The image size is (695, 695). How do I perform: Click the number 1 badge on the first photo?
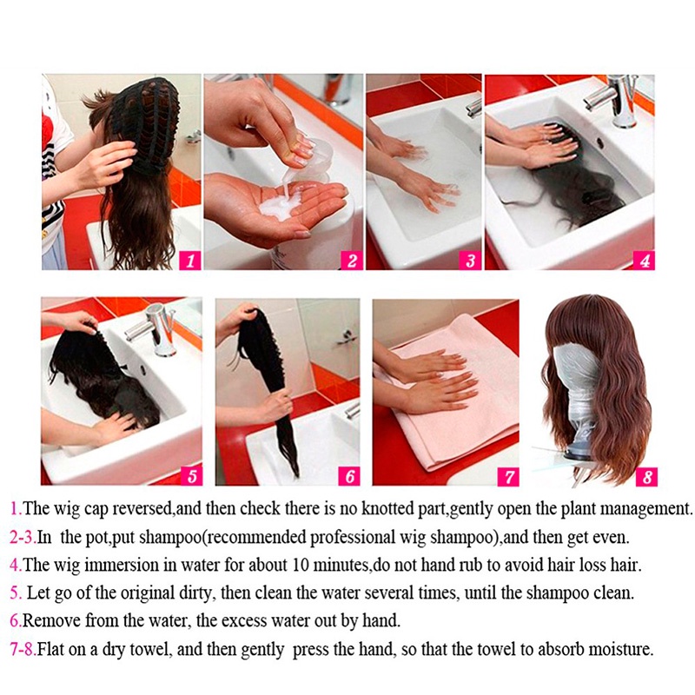click(190, 259)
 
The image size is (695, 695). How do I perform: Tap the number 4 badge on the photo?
click(644, 259)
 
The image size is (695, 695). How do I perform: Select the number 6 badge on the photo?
click(349, 476)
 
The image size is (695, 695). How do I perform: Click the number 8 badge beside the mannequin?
click(645, 476)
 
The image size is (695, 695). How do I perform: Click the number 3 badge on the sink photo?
click(470, 259)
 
